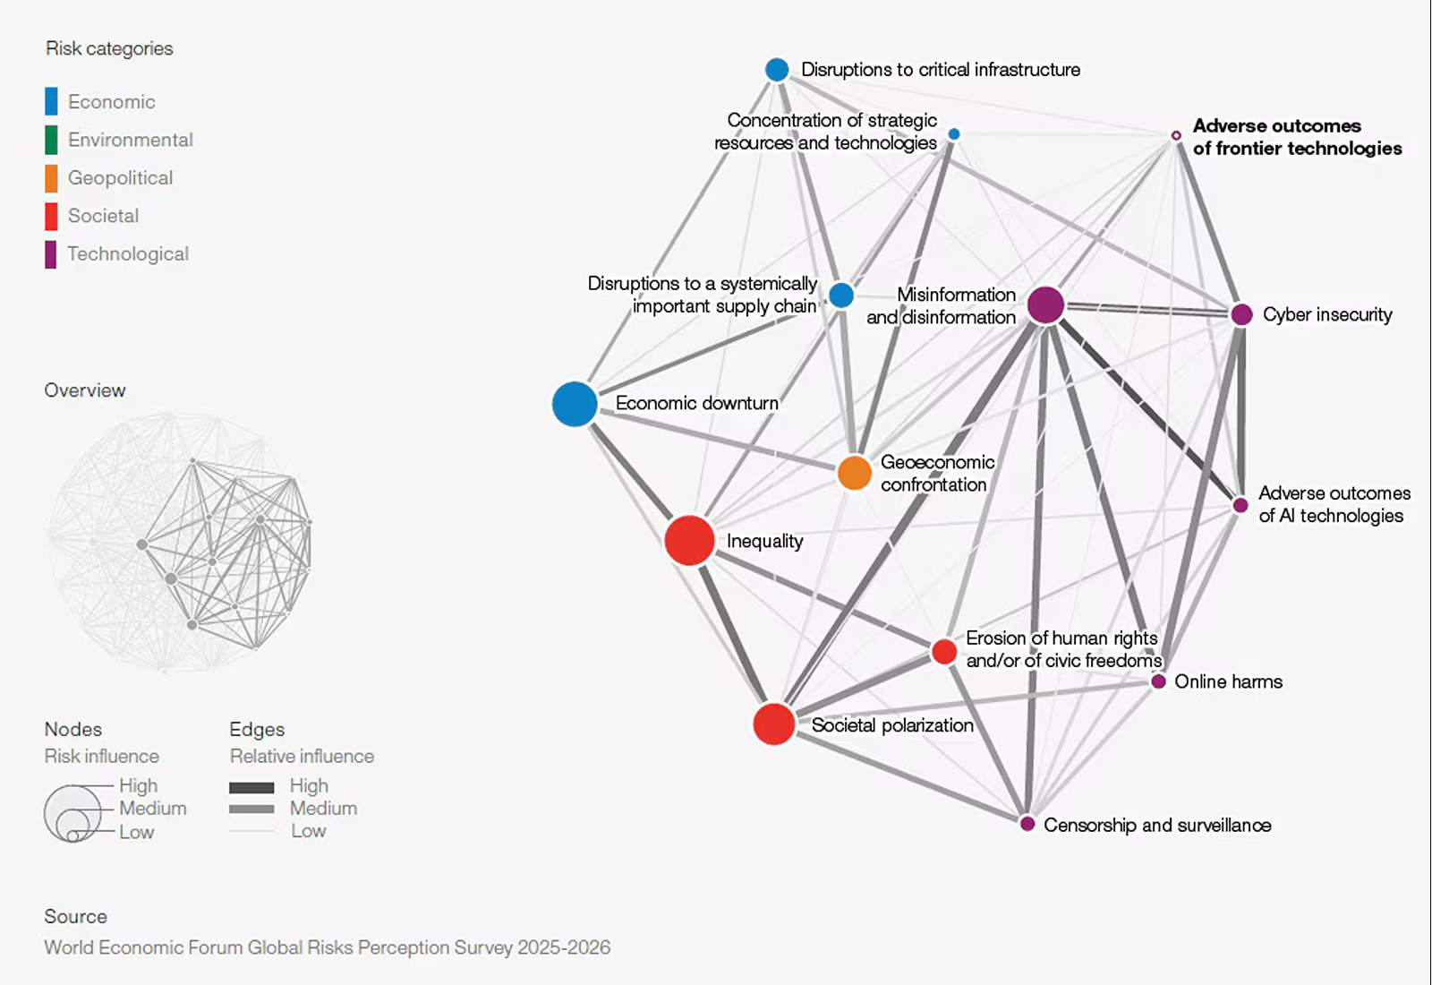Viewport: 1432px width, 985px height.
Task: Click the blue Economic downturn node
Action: tap(575, 404)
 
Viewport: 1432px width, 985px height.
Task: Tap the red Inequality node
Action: tap(689, 541)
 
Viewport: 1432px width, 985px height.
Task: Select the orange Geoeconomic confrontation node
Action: tap(854, 473)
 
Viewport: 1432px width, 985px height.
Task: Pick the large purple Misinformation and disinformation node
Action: tap(1046, 304)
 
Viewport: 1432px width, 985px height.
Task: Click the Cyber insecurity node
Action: tap(1241, 314)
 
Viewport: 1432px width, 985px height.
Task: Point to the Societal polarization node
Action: tap(773, 724)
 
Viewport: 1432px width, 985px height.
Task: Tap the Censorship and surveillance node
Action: tap(1027, 824)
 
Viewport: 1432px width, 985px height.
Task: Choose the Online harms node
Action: tap(1158, 681)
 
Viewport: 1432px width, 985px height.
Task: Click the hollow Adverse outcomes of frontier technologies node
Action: tap(1176, 135)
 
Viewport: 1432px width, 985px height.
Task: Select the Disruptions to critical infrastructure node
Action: tap(777, 70)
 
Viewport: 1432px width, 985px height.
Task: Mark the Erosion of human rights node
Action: tap(943, 652)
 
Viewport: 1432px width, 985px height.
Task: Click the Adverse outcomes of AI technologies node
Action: tap(1240, 505)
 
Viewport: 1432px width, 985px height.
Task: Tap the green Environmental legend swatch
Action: tap(51, 140)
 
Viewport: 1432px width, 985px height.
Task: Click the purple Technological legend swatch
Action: tap(51, 254)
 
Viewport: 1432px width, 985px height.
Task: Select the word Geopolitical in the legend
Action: tap(120, 178)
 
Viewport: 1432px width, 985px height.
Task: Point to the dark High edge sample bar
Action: tap(251, 787)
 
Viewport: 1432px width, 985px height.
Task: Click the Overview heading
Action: tap(85, 390)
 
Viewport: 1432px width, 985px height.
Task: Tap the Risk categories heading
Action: tap(109, 48)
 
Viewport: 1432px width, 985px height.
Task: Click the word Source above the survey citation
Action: tap(75, 916)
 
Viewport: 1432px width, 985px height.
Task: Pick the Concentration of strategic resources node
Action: tap(954, 133)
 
